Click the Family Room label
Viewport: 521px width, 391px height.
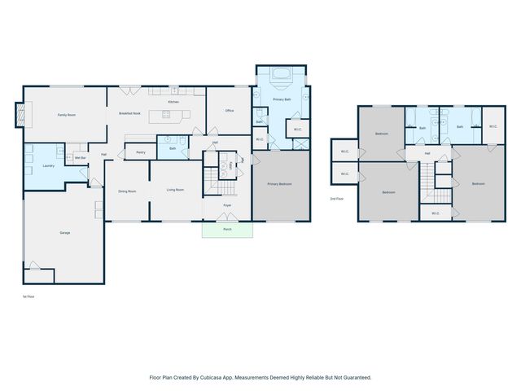tap(66, 116)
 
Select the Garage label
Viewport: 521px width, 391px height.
tap(64, 233)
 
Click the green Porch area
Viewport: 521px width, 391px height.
tap(227, 230)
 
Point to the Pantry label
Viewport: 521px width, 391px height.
tap(141, 152)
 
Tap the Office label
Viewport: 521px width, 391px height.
tap(230, 111)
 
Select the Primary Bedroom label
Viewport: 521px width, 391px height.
tap(280, 184)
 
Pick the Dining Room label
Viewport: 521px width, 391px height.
tap(127, 191)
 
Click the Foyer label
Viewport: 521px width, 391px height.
tap(227, 204)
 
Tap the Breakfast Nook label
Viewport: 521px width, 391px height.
tap(130, 113)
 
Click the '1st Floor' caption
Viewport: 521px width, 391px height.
tap(28, 297)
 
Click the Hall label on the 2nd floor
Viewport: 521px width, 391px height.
tap(427, 153)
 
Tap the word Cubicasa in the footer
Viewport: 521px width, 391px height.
tap(213, 377)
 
